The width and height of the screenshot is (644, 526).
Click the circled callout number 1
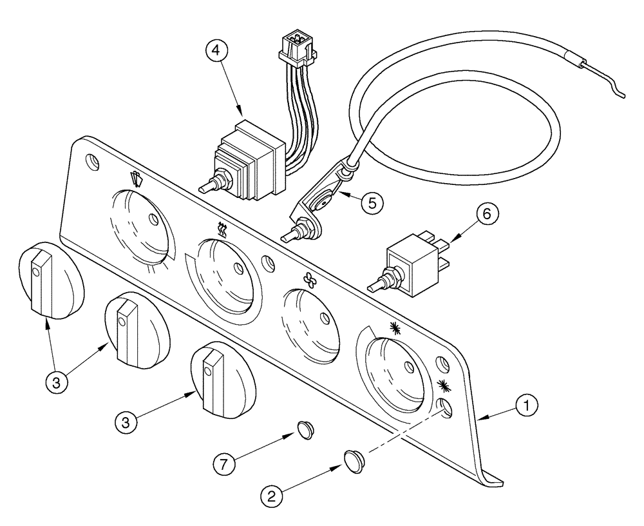tap(527, 406)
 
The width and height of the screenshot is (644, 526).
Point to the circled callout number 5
tap(372, 202)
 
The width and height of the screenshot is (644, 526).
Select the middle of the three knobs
tap(137, 329)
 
